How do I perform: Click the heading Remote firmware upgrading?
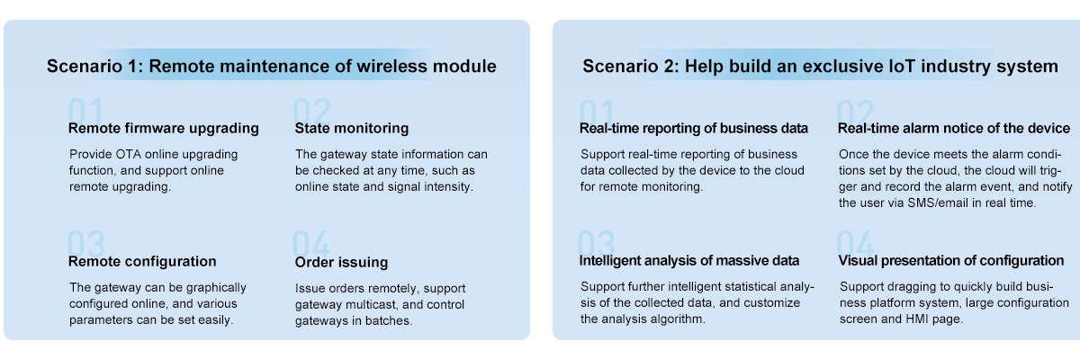[x=164, y=128]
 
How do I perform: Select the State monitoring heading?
[x=352, y=128]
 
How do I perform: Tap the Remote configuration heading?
[x=142, y=261]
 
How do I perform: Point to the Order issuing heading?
[x=341, y=262]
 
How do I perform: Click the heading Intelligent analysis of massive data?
[x=689, y=261]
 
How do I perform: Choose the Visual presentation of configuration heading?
[x=950, y=261]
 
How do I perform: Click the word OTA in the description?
[x=128, y=154]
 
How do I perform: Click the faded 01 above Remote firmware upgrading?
[x=85, y=111]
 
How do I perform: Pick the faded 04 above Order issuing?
[x=311, y=243]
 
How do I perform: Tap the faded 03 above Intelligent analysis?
[x=597, y=243]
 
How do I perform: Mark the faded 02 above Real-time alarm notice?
[x=855, y=112]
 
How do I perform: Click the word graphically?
[x=216, y=288]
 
